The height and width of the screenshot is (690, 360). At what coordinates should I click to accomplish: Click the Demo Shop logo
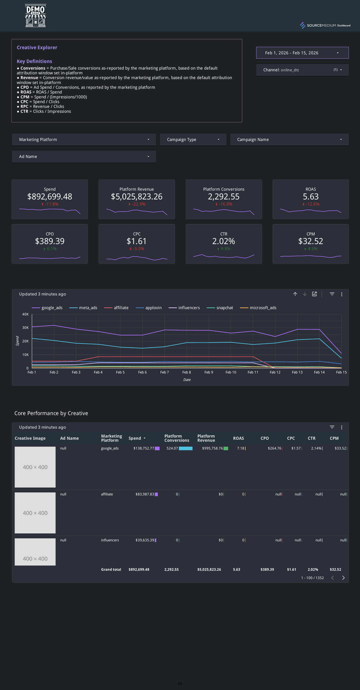(x=35, y=15)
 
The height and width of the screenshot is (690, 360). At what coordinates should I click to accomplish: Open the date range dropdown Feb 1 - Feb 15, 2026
(x=302, y=53)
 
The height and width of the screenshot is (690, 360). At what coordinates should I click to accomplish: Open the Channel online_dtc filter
(x=302, y=70)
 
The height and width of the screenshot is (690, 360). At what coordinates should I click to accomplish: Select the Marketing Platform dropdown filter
(x=84, y=140)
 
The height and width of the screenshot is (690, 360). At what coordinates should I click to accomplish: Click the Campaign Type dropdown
(x=193, y=140)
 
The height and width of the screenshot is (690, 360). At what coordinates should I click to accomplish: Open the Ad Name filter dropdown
(x=84, y=156)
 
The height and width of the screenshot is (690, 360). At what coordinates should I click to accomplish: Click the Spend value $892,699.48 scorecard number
(x=50, y=197)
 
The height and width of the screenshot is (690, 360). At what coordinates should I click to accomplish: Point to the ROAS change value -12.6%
(x=312, y=204)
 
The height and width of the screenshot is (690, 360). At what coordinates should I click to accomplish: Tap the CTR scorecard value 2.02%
(x=223, y=241)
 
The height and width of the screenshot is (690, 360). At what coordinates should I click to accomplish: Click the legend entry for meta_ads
(x=88, y=308)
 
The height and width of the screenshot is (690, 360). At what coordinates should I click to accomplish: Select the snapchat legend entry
(x=224, y=308)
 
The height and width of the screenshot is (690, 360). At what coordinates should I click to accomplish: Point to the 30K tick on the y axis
(x=25, y=328)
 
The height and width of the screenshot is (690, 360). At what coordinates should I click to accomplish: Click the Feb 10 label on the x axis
(x=231, y=372)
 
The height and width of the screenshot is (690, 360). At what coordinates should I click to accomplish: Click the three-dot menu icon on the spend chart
(x=341, y=294)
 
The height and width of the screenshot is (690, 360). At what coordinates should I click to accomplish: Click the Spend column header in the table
(x=135, y=438)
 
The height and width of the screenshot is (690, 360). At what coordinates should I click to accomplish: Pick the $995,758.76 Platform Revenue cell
(x=212, y=448)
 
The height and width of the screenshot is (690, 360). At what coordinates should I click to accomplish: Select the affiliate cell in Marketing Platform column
(x=107, y=494)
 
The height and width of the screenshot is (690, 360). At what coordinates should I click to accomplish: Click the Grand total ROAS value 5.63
(x=237, y=569)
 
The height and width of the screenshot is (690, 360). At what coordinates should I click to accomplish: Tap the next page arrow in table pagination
(x=343, y=578)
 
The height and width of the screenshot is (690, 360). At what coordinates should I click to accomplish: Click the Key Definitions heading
(x=34, y=61)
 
